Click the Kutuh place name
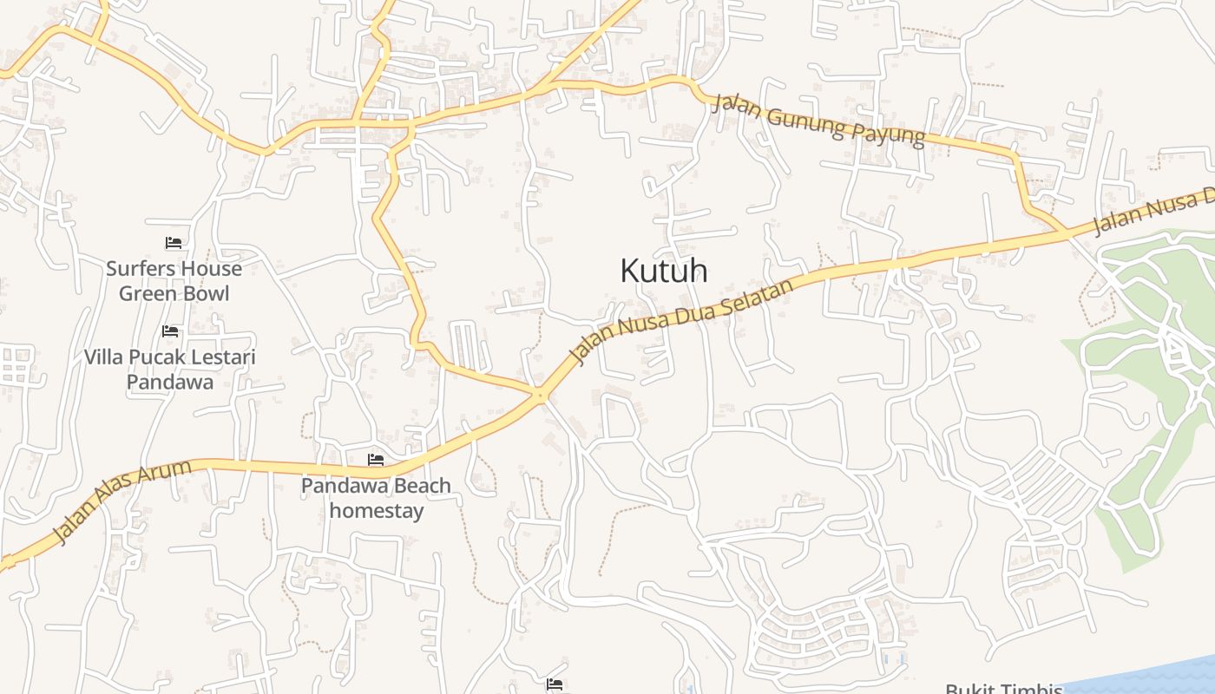tap(664, 271)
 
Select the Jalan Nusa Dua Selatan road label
tap(682, 321)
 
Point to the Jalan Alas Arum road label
tap(121, 502)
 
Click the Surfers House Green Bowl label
tap(174, 281)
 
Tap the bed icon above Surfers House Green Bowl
tap(174, 243)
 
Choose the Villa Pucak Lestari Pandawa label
tap(170, 370)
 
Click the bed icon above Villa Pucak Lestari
tap(170, 331)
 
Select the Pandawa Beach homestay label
tap(376, 498)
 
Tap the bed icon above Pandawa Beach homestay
tap(376, 459)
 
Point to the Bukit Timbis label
tap(1003, 689)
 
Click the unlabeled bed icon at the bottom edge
tap(555, 684)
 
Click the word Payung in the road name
tap(891, 135)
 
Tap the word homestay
tap(377, 511)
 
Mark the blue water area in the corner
tap(1154, 675)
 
